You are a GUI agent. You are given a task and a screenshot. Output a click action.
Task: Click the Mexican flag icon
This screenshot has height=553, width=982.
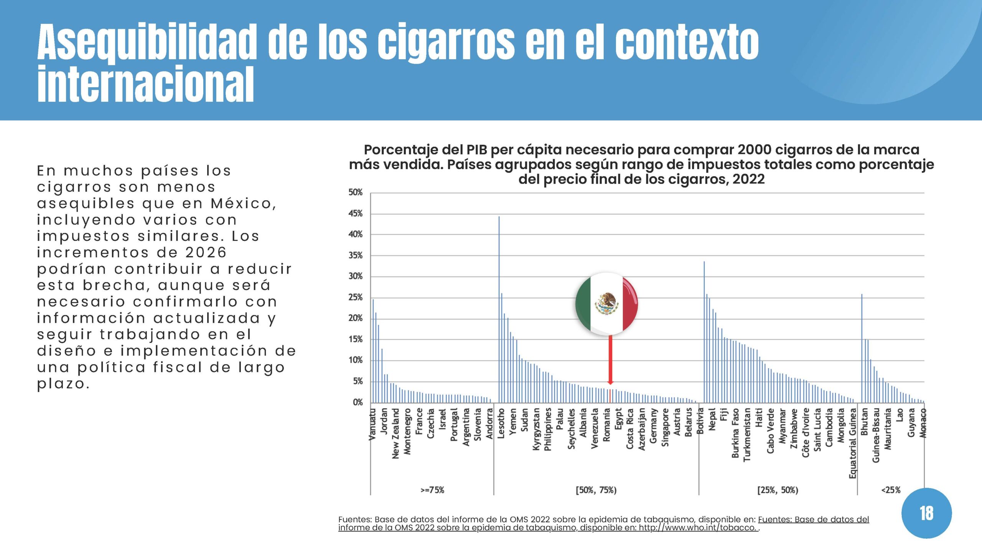point(606,304)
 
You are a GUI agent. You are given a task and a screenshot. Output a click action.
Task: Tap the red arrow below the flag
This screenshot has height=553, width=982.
point(610,359)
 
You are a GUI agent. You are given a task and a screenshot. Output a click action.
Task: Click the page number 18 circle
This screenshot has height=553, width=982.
point(926,513)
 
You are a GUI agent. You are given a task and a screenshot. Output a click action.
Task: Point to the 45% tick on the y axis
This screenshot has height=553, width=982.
point(356,214)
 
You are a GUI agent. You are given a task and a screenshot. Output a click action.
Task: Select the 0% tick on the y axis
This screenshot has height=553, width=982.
point(358,402)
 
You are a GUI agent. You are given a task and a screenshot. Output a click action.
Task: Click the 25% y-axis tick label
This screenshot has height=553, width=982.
point(356,297)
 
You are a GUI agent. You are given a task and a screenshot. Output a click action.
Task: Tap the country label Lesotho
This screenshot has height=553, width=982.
point(501,423)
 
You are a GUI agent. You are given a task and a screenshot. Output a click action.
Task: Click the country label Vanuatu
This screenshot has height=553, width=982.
point(372,424)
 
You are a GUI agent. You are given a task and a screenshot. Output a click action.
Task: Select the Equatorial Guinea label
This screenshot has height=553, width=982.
point(852,444)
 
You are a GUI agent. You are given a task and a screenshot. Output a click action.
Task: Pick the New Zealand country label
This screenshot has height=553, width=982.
point(395,433)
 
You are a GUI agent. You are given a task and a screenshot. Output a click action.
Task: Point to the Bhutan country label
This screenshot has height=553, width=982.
point(864,422)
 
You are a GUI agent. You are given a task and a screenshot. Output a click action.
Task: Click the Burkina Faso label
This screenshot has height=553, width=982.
point(735,433)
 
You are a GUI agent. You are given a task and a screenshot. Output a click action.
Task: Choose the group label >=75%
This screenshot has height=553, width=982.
point(432,490)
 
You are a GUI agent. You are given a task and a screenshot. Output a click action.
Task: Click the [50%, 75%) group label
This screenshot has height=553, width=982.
point(596,490)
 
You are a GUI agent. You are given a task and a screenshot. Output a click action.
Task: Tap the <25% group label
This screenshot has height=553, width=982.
point(891,490)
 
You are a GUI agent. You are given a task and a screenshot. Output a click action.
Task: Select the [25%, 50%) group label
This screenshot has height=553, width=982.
point(778,490)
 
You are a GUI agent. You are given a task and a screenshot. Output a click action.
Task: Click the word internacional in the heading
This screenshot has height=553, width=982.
point(146,84)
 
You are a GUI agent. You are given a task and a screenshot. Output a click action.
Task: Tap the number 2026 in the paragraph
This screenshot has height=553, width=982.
point(206,252)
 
